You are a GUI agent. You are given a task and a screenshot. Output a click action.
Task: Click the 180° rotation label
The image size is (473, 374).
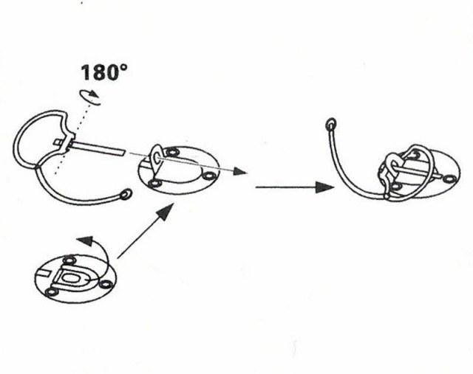click(104, 72)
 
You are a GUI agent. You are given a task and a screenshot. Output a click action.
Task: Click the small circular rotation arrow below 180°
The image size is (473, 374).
click(90, 97)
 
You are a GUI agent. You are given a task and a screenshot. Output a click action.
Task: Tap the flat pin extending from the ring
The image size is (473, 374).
click(97, 148)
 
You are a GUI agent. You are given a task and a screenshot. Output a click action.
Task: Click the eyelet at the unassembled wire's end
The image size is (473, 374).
click(126, 194)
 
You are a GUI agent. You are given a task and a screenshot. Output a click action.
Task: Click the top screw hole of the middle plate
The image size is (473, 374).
click(172, 152)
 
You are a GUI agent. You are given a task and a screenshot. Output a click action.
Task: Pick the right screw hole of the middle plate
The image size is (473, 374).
click(208, 176)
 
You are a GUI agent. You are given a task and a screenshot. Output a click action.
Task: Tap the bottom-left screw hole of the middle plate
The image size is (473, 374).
click(154, 182)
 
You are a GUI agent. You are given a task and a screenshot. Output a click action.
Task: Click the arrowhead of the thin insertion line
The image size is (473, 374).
click(240, 171)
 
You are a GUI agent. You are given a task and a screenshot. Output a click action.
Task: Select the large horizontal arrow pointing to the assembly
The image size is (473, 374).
click(295, 187)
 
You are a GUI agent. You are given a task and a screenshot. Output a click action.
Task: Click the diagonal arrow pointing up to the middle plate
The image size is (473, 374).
click(146, 231)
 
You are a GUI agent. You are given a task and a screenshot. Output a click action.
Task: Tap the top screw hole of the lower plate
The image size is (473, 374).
click(69, 259)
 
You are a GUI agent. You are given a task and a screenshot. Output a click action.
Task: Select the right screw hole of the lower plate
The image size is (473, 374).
click(105, 284)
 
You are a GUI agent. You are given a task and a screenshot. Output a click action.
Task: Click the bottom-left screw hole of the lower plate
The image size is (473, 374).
click(51, 292)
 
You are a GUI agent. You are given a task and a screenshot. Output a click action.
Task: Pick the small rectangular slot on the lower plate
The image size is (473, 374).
click(42, 273)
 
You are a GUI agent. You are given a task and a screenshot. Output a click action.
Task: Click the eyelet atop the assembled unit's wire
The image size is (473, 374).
click(331, 123)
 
